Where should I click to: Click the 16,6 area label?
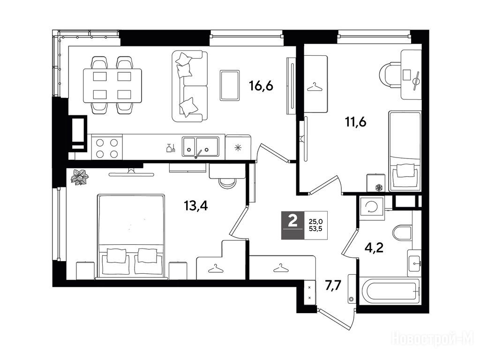[261, 86]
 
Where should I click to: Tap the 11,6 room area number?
[356, 122]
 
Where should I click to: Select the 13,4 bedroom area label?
[195, 206]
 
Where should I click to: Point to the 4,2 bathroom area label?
[374, 247]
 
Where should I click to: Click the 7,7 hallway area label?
[333, 287]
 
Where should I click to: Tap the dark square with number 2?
[293, 225]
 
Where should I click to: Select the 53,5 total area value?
[315, 228]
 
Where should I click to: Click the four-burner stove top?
[107, 148]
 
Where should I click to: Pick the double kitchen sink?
[201, 147]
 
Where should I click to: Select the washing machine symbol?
[372, 208]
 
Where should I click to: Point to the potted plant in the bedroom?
[79, 177]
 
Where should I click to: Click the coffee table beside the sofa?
[230, 85]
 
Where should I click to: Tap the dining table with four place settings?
[112, 85]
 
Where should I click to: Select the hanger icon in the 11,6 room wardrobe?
[315, 88]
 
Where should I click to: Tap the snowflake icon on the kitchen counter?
[238, 148]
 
